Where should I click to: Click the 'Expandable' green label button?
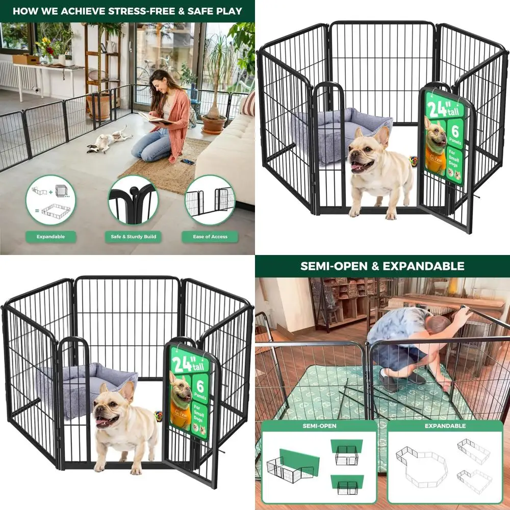[x=50, y=237]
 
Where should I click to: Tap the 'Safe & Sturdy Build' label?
[x=133, y=237]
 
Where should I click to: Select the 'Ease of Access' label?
[x=210, y=237]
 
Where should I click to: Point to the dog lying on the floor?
[x=109, y=140]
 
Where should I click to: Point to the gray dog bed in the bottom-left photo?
[x=82, y=385]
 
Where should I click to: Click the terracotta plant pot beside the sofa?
[x=214, y=123]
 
